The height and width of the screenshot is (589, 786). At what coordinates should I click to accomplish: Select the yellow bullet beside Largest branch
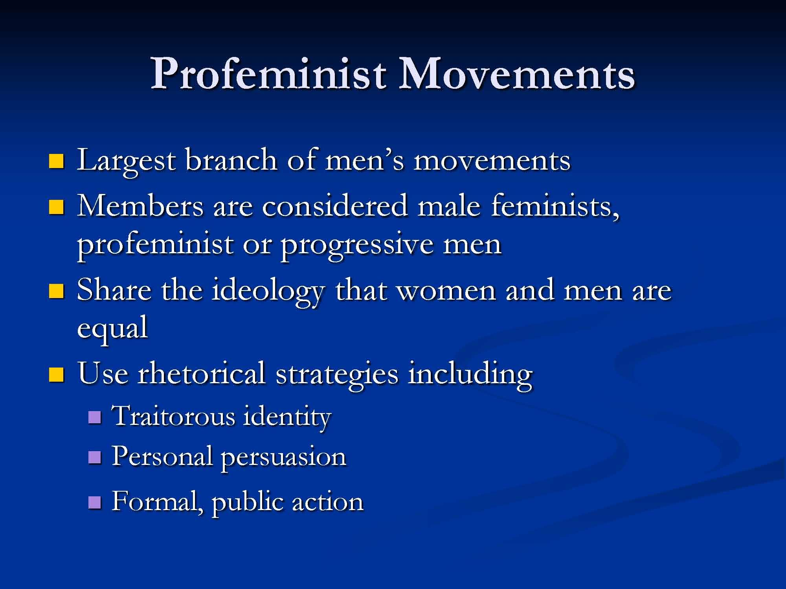click(x=57, y=161)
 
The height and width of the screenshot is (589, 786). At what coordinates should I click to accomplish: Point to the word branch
click(x=231, y=160)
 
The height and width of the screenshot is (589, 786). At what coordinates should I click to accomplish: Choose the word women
click(x=446, y=291)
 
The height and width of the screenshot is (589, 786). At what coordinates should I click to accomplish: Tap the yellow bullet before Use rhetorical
click(x=57, y=374)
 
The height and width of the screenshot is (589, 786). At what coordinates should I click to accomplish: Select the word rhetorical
click(x=201, y=373)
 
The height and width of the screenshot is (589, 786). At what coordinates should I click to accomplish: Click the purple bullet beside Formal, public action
click(x=95, y=502)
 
